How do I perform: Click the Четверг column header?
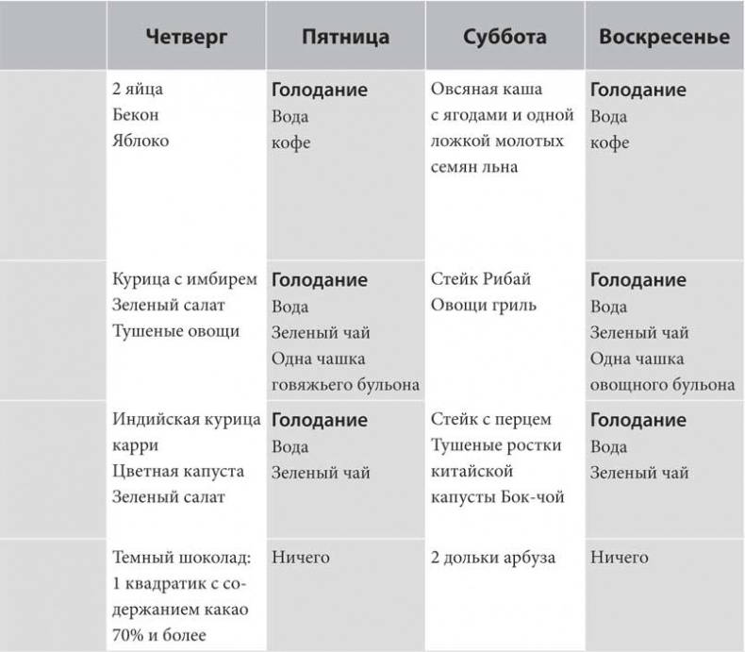[187, 39]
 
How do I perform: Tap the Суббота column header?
[505, 39]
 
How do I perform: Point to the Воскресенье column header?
[664, 39]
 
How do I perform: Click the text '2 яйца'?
[137, 91]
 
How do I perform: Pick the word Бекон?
[136, 116]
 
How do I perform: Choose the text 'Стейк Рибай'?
[481, 279]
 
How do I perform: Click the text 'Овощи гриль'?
[484, 305]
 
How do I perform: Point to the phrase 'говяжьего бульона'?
[345, 384]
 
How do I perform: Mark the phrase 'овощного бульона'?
[663, 384]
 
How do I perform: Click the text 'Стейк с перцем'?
[490, 419]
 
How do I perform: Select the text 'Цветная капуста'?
[177, 471]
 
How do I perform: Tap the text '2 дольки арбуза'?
[492, 558]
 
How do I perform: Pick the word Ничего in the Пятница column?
[301, 558]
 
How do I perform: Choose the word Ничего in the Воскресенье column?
[620, 558]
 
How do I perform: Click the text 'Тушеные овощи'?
[175, 331]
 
